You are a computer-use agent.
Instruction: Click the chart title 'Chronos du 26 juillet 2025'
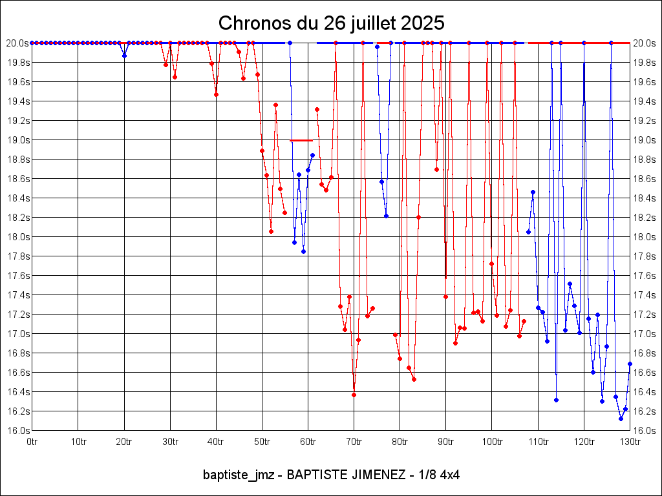pos(331,23)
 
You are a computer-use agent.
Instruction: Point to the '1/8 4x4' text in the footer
pos(440,475)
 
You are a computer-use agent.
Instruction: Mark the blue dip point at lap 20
pos(124,56)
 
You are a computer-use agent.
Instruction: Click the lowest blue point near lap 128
pos(621,418)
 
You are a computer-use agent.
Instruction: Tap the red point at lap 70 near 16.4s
pos(354,395)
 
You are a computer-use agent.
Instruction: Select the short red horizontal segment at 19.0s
pos(301,140)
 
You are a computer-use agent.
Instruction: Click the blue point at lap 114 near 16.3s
pos(556,400)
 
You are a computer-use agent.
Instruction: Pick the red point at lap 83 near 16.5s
pos(414,379)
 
